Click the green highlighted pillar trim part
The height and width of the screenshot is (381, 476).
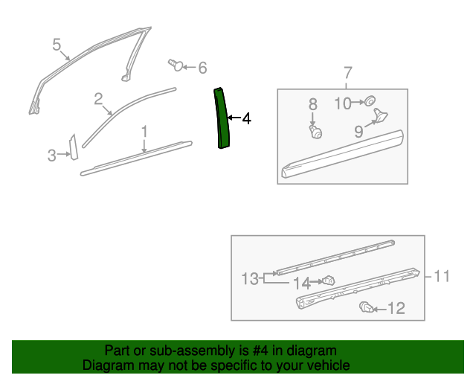click(221, 119)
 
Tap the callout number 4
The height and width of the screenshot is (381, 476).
click(246, 118)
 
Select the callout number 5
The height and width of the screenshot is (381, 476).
click(57, 45)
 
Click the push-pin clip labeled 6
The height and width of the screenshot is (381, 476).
click(176, 65)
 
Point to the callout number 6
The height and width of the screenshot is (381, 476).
click(202, 68)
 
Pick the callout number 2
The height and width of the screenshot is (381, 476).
click(98, 98)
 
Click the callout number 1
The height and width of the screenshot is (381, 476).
click(144, 132)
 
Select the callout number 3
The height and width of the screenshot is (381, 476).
click(51, 155)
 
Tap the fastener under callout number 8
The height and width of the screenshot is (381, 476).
click(316, 132)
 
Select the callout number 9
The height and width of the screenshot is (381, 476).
click(358, 132)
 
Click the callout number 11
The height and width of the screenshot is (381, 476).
click(442, 276)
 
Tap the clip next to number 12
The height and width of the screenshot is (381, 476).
click(365, 307)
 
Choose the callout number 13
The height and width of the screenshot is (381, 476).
click(249, 279)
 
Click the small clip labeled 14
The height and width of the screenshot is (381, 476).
click(327, 281)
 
